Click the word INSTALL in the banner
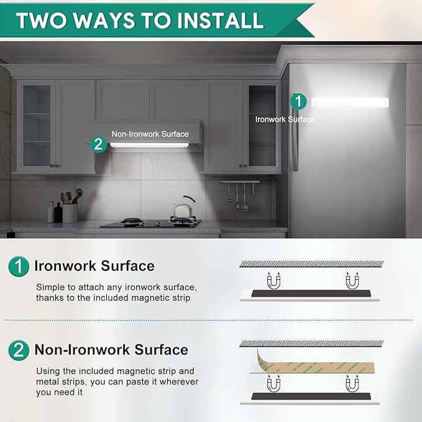[220, 21]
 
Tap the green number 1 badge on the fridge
[298, 101]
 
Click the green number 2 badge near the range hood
[98, 144]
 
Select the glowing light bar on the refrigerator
[350, 103]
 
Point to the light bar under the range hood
[149, 145]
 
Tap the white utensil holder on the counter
[70, 213]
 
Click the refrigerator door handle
[295, 140]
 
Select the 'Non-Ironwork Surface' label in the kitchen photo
[150, 134]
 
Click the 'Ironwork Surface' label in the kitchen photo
[285, 119]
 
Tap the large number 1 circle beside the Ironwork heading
[19, 266]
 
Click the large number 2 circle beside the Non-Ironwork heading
[19, 350]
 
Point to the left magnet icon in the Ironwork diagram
[273, 281]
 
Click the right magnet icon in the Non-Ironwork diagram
[352, 383]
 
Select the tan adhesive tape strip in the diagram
[315, 364]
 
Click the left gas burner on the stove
[132, 221]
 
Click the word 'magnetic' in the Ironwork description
[149, 298]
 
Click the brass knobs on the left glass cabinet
[55, 166]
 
